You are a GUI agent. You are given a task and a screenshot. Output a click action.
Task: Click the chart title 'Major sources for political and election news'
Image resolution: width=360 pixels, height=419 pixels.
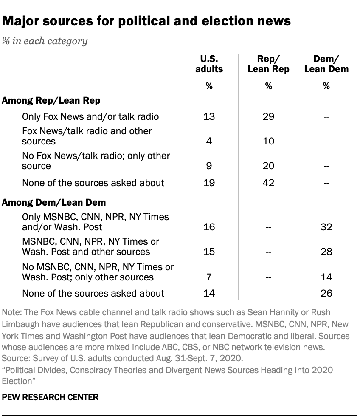146,21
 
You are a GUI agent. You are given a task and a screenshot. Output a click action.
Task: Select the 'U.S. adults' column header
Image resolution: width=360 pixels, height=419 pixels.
209,64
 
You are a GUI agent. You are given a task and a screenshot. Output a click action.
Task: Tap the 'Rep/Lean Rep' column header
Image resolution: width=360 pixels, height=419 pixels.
268,64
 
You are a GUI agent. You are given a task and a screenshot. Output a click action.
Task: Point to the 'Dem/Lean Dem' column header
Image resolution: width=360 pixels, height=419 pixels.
326,64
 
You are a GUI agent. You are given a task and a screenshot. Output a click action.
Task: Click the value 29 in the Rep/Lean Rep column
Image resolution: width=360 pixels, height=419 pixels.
268,116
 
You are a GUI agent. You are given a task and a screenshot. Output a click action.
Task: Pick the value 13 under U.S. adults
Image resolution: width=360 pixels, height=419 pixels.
209,116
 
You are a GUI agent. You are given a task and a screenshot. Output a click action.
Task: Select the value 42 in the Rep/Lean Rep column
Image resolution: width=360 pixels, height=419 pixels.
268,183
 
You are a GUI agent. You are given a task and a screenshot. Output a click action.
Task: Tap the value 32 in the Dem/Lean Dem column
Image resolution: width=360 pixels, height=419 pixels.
326,227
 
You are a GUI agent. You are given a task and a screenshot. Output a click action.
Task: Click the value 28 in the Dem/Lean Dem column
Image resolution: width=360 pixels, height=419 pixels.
326,252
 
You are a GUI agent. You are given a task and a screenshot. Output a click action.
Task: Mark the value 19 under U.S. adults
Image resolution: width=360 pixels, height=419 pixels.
209,183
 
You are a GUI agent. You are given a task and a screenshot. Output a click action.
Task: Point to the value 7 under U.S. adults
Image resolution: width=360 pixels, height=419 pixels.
209,277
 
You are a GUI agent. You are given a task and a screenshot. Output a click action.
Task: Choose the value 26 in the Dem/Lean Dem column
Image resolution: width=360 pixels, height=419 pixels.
326,293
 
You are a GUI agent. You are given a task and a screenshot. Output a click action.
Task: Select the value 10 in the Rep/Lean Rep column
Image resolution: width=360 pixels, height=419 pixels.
268,141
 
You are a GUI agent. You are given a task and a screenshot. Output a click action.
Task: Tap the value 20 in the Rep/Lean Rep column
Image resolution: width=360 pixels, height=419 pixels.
268,166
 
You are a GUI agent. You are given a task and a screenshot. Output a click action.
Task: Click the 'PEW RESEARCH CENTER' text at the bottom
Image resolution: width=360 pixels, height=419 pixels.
51,398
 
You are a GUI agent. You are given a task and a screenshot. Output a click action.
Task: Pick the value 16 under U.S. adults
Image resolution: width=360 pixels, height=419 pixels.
209,227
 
